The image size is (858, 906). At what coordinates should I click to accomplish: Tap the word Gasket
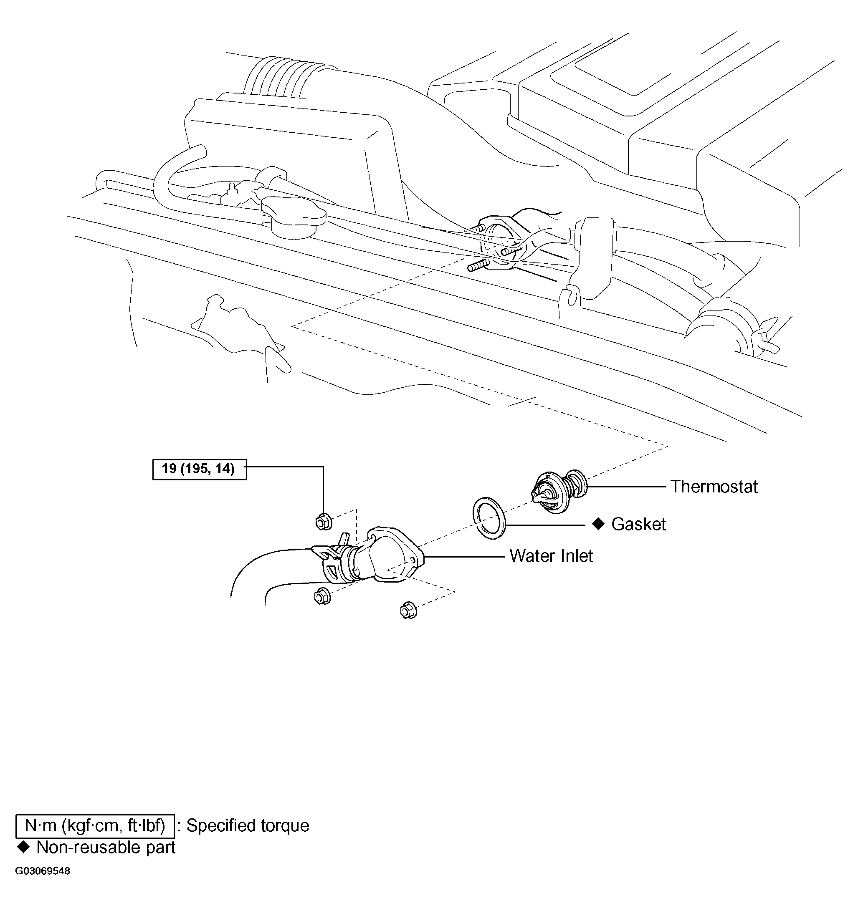(x=638, y=524)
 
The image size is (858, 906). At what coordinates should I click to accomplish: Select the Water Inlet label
(x=551, y=556)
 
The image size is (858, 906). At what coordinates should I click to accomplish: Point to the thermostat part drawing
(x=559, y=491)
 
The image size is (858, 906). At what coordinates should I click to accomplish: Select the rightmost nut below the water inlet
(x=408, y=610)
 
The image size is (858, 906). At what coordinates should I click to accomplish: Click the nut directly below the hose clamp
(x=322, y=596)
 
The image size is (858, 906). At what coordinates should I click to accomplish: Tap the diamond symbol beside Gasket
(x=598, y=524)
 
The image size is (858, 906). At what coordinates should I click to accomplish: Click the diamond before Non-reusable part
(x=23, y=847)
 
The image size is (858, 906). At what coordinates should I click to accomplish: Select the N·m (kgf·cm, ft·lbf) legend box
(x=95, y=825)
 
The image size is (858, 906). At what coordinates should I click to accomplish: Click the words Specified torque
(x=248, y=825)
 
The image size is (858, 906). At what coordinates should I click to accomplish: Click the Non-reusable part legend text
(x=106, y=847)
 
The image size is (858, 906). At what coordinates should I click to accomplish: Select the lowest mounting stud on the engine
(x=478, y=265)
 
